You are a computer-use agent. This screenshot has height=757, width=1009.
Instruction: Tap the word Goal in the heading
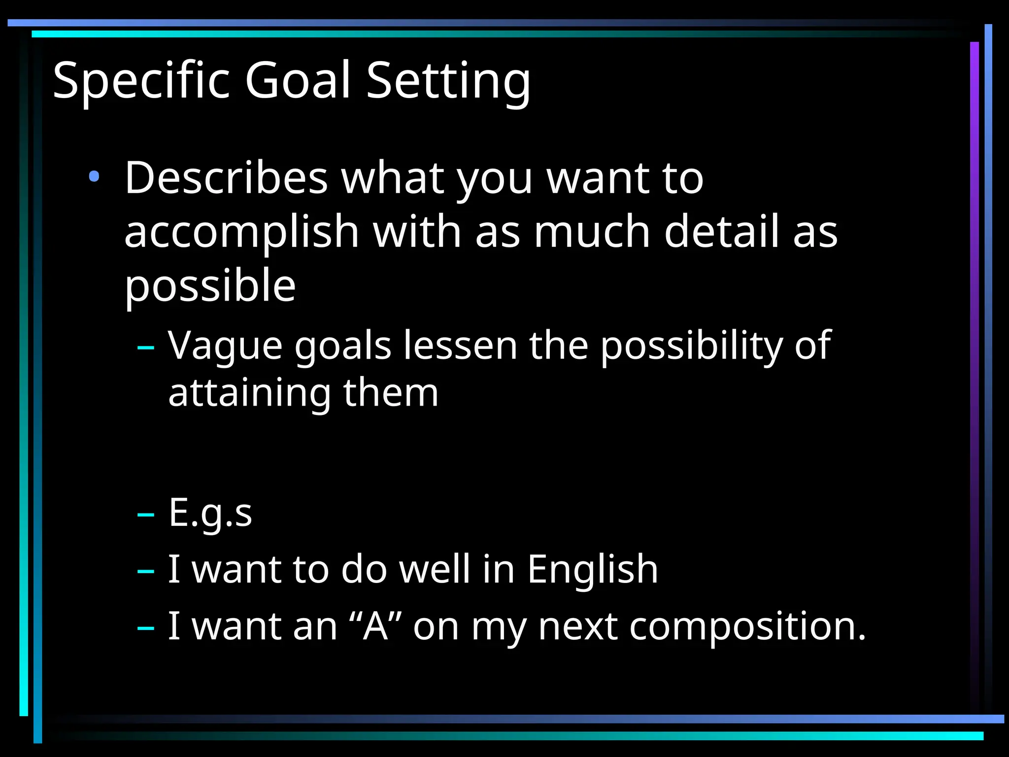point(298,80)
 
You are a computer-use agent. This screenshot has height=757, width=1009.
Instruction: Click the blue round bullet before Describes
point(94,176)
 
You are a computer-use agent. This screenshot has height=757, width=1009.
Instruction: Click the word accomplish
point(241,233)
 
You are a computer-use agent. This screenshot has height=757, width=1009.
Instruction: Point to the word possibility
point(691,346)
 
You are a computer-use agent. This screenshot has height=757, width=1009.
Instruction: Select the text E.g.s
point(210,513)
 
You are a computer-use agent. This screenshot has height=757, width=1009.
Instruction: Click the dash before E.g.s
point(146,515)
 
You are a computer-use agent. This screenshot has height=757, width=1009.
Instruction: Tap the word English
point(593,570)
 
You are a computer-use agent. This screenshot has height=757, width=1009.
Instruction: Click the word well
point(434,569)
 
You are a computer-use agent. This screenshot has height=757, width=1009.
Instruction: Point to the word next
point(578,627)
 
